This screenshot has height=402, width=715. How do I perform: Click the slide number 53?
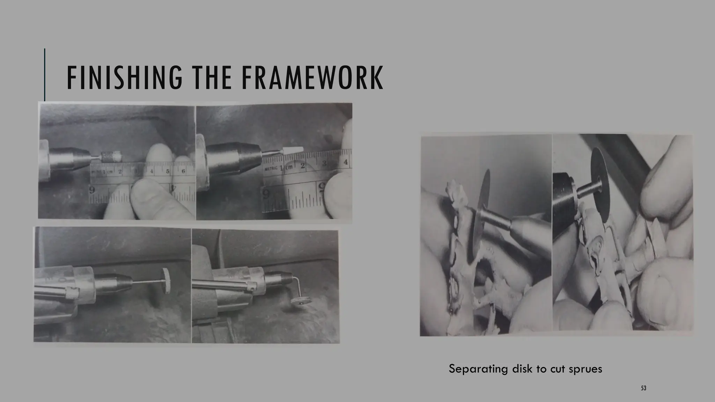point(643,388)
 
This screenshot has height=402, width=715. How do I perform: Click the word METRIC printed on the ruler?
point(271,168)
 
